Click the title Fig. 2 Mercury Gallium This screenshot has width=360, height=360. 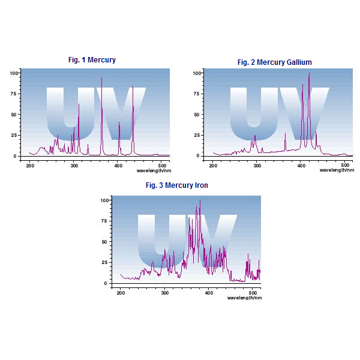pyautogui.click(x=274, y=62)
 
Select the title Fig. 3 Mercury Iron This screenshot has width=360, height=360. pyautogui.click(x=177, y=185)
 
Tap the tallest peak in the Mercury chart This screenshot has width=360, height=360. pyautogui.click(x=101, y=77)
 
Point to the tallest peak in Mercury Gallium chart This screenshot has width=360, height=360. pyautogui.click(x=309, y=73)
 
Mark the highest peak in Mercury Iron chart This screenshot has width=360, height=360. pyautogui.click(x=200, y=200)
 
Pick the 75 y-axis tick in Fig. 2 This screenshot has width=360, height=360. pyautogui.click(x=197, y=94)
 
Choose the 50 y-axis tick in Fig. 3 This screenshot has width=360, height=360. pyautogui.click(x=104, y=241)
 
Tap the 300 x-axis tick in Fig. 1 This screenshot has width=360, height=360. pyautogui.click(x=74, y=164)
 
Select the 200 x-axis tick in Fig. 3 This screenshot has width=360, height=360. pyautogui.click(x=121, y=292)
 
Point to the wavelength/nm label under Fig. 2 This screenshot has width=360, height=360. pyautogui.click(x=336, y=170)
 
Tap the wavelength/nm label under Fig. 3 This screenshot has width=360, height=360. pyautogui.click(x=244, y=297)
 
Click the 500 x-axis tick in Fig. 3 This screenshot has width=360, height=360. pyautogui.click(x=253, y=292)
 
